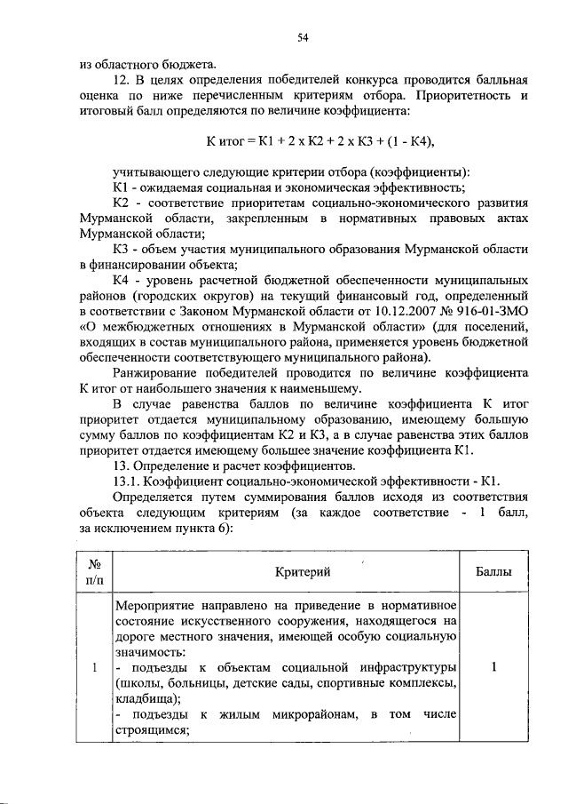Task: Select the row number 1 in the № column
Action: click(x=95, y=667)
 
